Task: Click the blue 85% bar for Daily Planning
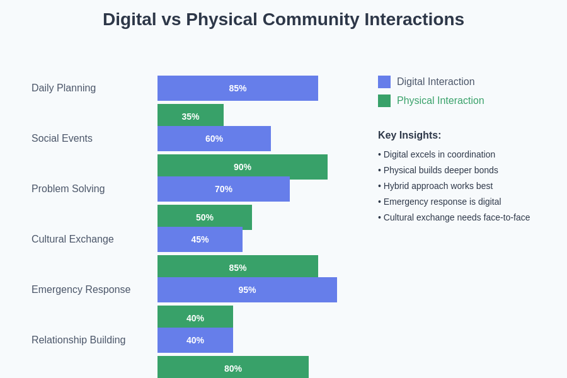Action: pos(238,88)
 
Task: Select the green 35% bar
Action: pos(190,115)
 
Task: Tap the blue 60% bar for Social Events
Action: pos(214,139)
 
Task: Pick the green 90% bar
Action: pos(243,166)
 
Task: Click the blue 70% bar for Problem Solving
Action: pos(224,189)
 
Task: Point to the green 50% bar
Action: pos(205,215)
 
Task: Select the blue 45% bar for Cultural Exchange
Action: pos(200,239)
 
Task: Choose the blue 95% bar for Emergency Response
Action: pos(247,290)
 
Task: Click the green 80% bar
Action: pos(233,367)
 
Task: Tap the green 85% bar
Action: pos(238,266)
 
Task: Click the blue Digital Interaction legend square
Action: pos(384,82)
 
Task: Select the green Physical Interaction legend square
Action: pos(384,101)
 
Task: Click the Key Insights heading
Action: pos(409,135)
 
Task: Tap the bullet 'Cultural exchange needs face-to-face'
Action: pos(454,217)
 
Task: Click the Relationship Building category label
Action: pos(79,340)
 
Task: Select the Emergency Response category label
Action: pos(81,290)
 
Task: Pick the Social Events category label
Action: pos(62,139)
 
